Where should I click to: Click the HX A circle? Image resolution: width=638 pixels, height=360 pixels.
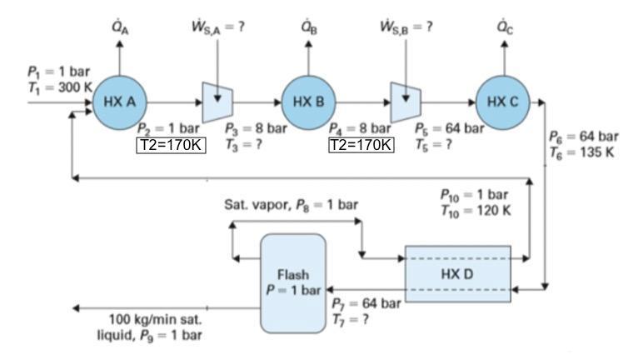click(x=119, y=102)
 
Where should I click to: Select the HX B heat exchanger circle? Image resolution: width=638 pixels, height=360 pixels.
click(x=309, y=102)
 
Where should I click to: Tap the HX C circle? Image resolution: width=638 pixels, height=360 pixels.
click(x=503, y=102)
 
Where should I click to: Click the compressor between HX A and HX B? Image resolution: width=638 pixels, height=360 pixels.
click(x=217, y=102)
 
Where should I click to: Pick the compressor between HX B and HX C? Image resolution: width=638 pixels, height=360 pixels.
click(x=406, y=102)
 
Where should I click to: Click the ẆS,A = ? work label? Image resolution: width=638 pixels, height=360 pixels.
click(x=217, y=25)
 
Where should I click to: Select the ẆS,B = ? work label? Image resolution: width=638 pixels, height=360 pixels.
click(x=406, y=25)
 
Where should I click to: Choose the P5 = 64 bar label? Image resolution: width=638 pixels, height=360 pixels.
click(x=449, y=128)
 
